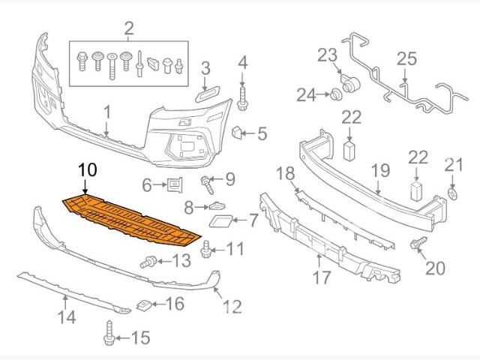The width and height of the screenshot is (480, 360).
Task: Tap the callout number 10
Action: pyautogui.click(x=87, y=169)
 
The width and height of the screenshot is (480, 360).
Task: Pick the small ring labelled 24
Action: pyautogui.click(x=331, y=94)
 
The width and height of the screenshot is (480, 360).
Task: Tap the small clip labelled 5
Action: pyautogui.click(x=237, y=133)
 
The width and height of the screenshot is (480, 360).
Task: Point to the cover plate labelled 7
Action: pyautogui.click(x=222, y=220)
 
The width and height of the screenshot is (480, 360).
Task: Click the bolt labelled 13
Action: pyautogui.click(x=149, y=262)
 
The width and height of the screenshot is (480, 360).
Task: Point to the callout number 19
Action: pyautogui.click(x=380, y=170)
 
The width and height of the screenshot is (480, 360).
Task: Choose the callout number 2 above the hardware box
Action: pyautogui.click(x=129, y=29)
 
